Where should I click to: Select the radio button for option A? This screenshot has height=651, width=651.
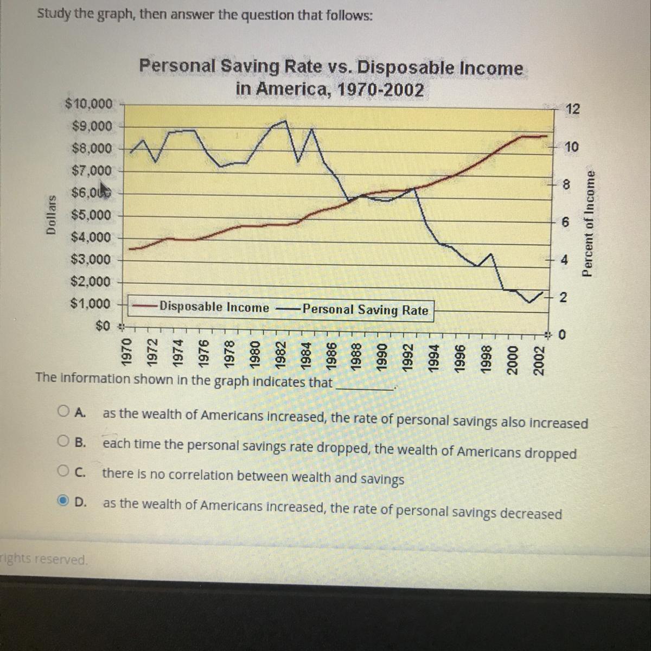point(64,411)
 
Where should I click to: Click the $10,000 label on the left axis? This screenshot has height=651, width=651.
point(89,104)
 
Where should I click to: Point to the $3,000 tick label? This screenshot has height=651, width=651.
point(91,259)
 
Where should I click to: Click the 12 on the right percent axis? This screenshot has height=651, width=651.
point(572,109)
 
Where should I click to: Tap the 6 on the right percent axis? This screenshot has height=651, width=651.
point(565,222)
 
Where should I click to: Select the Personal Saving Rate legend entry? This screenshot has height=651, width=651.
point(365,310)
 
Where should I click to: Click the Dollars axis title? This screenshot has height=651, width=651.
point(52,215)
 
